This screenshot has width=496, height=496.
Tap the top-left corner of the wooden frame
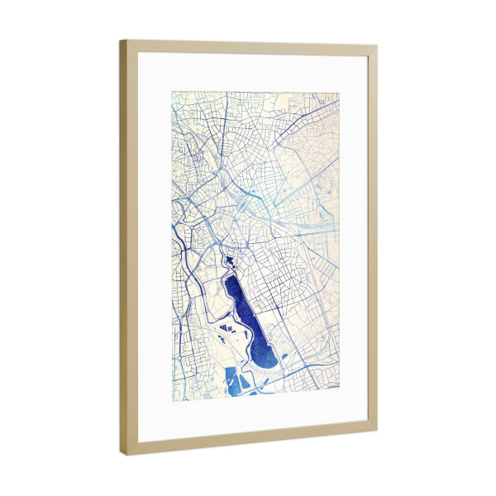coord(122,42)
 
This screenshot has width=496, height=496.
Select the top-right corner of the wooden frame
coord(376,48)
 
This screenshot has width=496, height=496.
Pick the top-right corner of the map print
coord(339,91)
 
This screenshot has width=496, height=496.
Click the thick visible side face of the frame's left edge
coord(123,248)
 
